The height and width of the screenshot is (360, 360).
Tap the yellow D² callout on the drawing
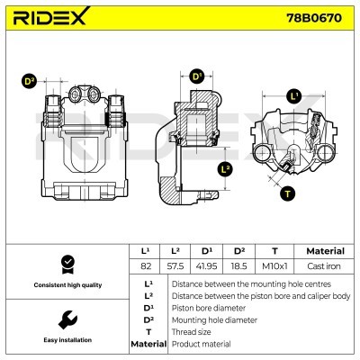29,82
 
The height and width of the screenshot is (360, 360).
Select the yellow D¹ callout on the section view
198,77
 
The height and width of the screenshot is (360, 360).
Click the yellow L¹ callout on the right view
294,95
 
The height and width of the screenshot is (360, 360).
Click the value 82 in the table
145,267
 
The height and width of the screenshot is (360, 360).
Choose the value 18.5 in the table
239,267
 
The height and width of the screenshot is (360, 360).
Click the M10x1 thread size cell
274,267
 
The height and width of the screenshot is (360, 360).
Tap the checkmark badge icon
66,264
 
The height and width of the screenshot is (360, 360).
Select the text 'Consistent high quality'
66,285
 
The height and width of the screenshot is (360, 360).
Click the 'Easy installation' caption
66,340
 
